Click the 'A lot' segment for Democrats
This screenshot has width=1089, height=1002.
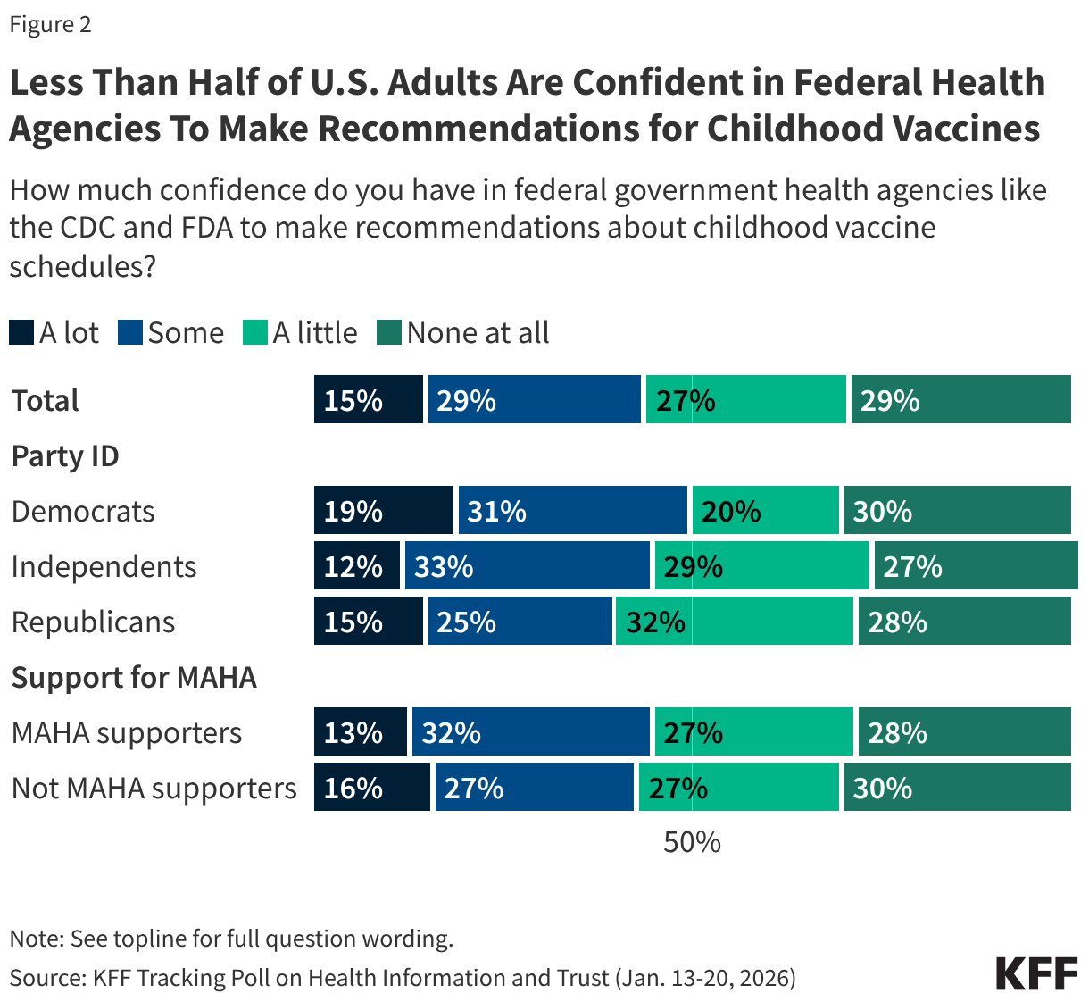(x=383, y=511)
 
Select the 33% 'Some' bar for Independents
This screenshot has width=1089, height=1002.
(x=527, y=566)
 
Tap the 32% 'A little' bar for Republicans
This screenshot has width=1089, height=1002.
(x=734, y=622)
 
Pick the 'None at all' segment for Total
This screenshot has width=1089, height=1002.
(x=960, y=400)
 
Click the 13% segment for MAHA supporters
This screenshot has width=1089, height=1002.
(x=360, y=732)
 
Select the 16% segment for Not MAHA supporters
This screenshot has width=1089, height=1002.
(x=371, y=788)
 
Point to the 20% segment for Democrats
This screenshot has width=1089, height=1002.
(x=765, y=511)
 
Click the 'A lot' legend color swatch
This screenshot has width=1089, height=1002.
(x=21, y=333)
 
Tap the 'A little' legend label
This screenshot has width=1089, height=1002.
(x=314, y=333)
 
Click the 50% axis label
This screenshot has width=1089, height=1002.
(x=692, y=842)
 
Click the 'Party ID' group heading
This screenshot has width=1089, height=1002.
(x=65, y=456)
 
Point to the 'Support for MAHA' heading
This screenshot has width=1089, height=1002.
(x=134, y=678)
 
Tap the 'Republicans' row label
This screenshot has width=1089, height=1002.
(x=94, y=622)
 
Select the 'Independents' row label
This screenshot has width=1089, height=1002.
(x=104, y=567)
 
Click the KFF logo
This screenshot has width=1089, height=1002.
(x=1036, y=973)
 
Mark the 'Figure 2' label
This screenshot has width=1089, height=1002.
(x=50, y=24)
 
